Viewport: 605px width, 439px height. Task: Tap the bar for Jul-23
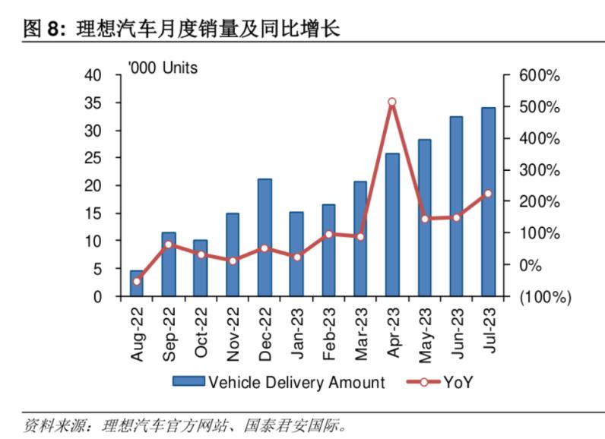488,202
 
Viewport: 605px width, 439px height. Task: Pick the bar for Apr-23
392,225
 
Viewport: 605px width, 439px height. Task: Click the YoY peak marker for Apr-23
392,102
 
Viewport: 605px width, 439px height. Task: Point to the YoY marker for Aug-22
137,281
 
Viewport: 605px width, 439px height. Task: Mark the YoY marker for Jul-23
488,194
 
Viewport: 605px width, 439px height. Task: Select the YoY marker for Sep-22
168,245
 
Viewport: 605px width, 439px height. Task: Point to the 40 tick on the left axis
93,75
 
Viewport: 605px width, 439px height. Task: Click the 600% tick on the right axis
539,76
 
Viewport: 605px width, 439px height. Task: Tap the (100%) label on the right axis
544,296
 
